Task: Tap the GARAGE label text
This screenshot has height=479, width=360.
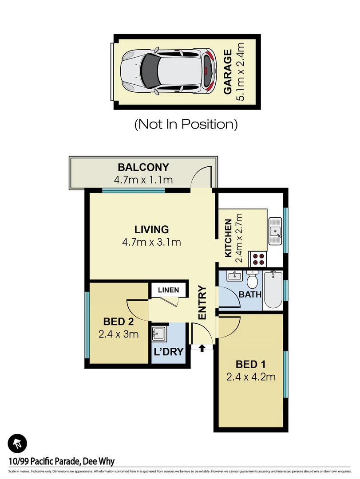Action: [228, 72]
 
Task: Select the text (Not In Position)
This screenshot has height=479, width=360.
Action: [186, 124]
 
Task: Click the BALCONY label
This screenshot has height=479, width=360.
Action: [143, 167]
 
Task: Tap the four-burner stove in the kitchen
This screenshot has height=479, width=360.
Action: [259, 258]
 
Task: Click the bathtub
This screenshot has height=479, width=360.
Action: [272, 291]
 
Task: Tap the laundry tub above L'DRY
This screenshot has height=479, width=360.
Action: [158, 333]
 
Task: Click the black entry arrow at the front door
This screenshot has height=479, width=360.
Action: [202, 348]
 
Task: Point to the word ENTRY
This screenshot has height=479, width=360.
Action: [202, 303]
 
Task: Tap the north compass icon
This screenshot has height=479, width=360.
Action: [18, 443]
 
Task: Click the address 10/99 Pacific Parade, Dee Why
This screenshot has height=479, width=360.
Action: [61, 461]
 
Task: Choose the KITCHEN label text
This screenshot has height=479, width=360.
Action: [228, 238]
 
